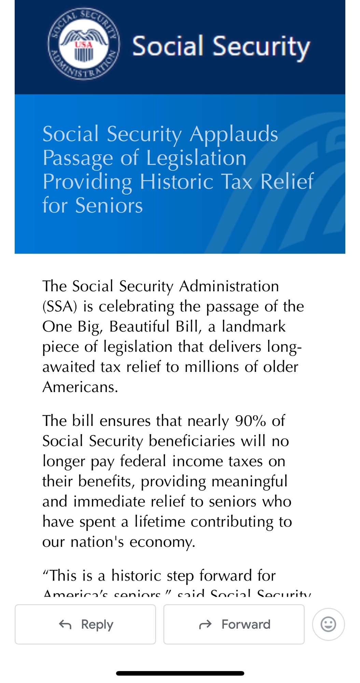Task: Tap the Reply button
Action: [x=85, y=624]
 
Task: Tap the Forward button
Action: [x=234, y=624]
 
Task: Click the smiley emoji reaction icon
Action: [x=328, y=624]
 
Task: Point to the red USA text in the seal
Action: [x=84, y=45]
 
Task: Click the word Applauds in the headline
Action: [x=234, y=134]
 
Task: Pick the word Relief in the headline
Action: [x=287, y=181]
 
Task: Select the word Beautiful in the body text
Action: [x=139, y=326]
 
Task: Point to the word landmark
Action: [x=253, y=326]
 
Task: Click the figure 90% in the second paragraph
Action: [x=250, y=421]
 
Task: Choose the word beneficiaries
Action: [x=192, y=441]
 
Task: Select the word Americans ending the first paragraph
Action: [x=80, y=387]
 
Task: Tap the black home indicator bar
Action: [x=180, y=673]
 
